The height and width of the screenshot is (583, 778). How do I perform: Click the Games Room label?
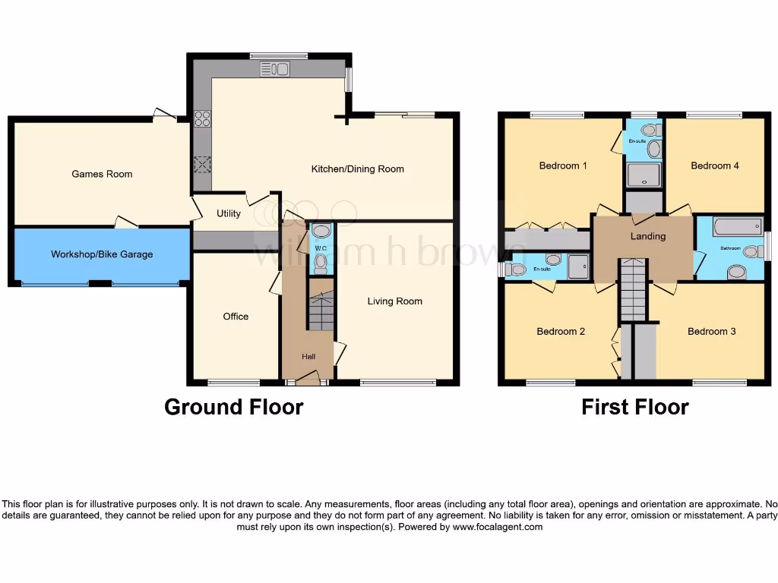point(102,174)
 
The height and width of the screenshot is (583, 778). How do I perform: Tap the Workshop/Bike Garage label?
point(102,254)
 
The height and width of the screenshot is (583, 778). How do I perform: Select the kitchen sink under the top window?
point(275,69)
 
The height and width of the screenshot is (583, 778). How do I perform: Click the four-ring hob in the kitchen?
point(203,118)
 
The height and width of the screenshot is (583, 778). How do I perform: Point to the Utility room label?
point(229,214)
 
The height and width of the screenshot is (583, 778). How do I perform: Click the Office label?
point(236,317)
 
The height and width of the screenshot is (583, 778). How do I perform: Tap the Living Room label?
point(394,301)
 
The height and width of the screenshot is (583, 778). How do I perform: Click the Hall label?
point(308,357)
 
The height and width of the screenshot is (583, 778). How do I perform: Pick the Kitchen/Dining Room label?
point(358,169)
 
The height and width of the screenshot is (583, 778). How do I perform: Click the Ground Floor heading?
point(234,408)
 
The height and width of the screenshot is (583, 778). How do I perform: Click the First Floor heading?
point(635,408)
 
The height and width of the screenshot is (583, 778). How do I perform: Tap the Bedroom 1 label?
point(563,165)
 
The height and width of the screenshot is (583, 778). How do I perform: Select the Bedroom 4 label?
point(715,165)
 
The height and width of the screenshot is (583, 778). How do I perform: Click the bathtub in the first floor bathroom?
point(737,227)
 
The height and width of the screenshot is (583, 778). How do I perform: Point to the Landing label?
point(648,236)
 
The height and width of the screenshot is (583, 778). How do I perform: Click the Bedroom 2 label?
point(561,332)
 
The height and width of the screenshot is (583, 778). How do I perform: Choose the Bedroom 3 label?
point(712,332)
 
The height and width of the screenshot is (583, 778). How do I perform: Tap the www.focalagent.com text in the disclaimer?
point(498,527)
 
